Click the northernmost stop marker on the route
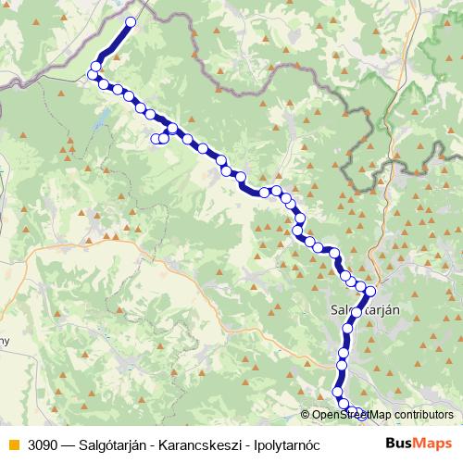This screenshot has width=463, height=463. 131,21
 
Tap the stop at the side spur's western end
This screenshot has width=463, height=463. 156,139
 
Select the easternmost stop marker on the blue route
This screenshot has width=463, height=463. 370,292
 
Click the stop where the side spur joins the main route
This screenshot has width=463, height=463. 172,129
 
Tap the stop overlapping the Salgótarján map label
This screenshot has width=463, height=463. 356,312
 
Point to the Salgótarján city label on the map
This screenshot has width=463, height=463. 365,310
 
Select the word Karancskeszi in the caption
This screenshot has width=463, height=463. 195,444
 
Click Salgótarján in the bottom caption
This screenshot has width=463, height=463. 116,444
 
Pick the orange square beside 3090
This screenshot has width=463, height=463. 11,444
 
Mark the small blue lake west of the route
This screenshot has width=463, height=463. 104,119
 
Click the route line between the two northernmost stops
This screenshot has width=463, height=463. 113,44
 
